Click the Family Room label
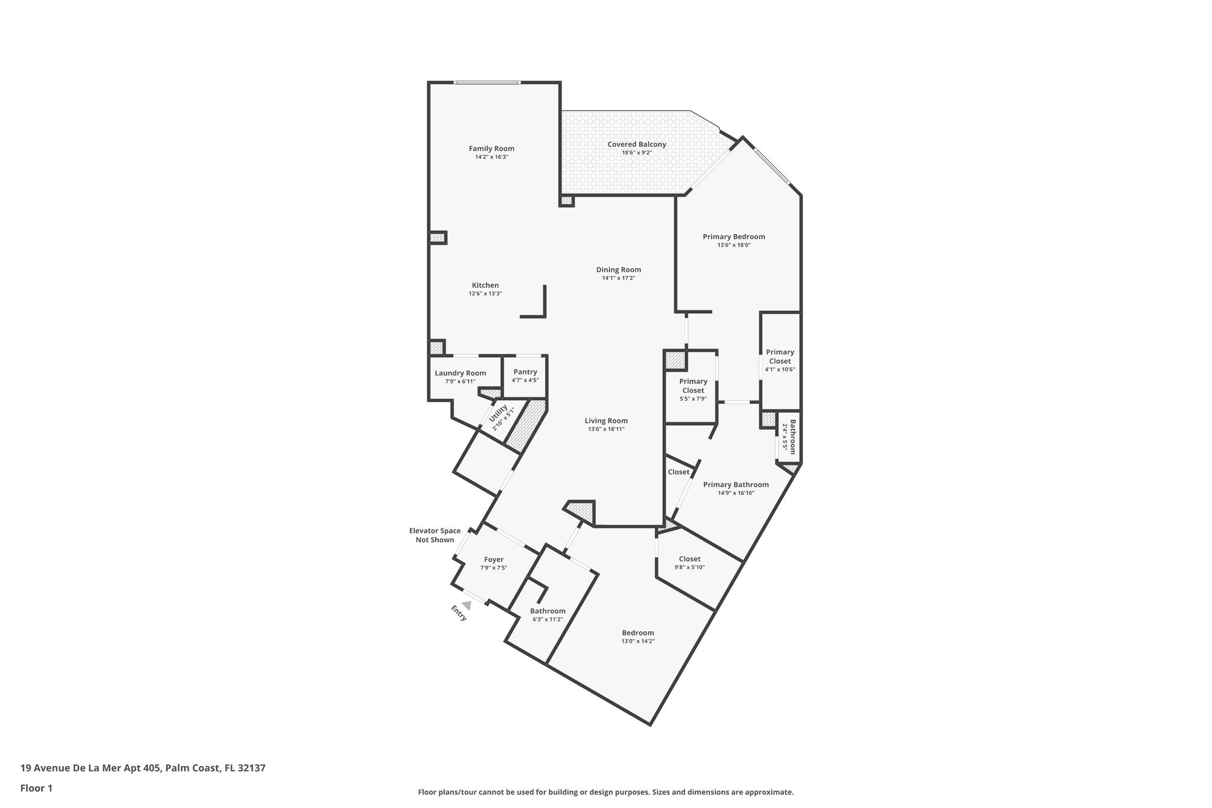tap(491, 149)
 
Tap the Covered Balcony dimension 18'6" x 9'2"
tap(636, 153)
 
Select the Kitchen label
tap(485, 285)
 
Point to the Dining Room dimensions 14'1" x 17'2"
tap(618, 278)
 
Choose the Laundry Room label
tap(460, 373)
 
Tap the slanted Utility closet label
tap(498, 417)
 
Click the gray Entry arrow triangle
tap(467, 606)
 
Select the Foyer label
tap(494, 559)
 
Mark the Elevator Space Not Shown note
tap(434, 535)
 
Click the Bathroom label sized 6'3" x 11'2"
tap(547, 611)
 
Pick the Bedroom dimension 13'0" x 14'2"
tap(637, 641)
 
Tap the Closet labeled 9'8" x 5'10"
tap(689, 559)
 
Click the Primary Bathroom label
tap(736, 484)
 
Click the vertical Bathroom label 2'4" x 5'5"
tap(791, 437)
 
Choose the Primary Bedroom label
tap(734, 237)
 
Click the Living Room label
tap(606, 421)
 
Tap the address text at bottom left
tap(143, 768)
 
